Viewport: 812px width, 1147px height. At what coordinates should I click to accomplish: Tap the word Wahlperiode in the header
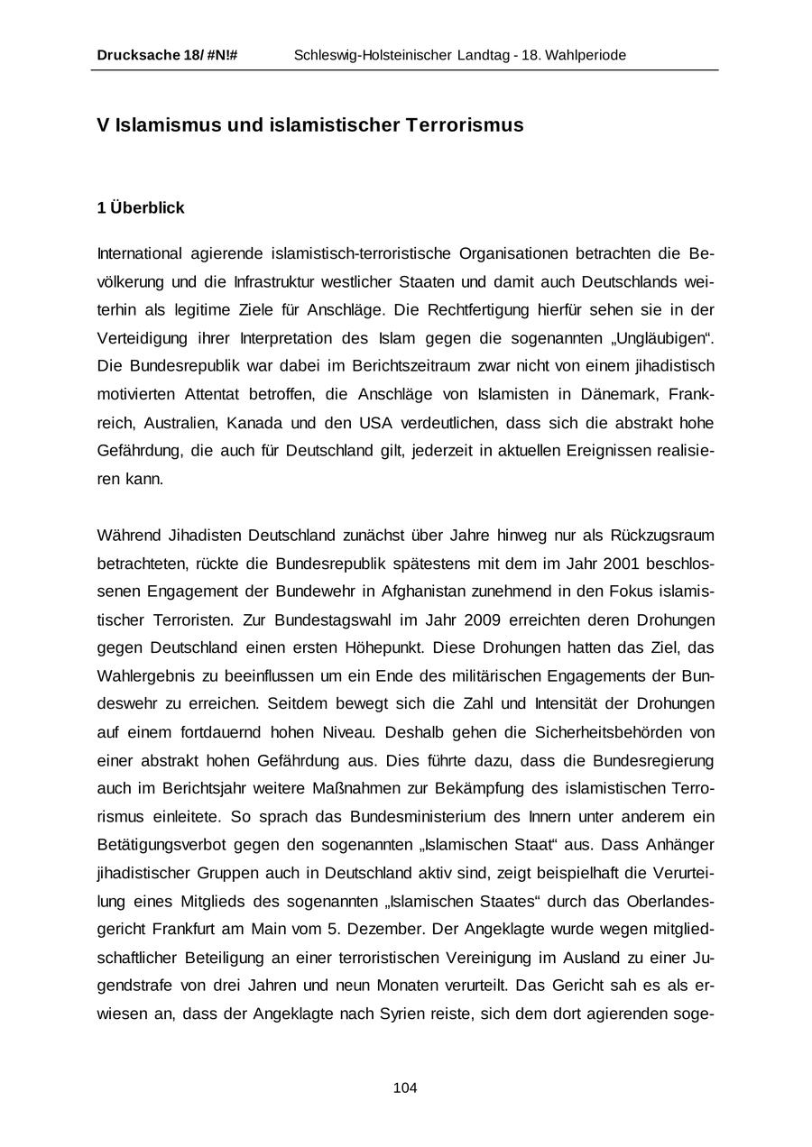(586, 55)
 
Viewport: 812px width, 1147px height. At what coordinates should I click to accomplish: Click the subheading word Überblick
(147, 208)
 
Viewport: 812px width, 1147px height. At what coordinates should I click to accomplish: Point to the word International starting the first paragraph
(139, 253)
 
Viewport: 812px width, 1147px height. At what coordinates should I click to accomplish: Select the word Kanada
(257, 422)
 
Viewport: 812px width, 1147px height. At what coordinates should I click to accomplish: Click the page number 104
(405, 1088)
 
